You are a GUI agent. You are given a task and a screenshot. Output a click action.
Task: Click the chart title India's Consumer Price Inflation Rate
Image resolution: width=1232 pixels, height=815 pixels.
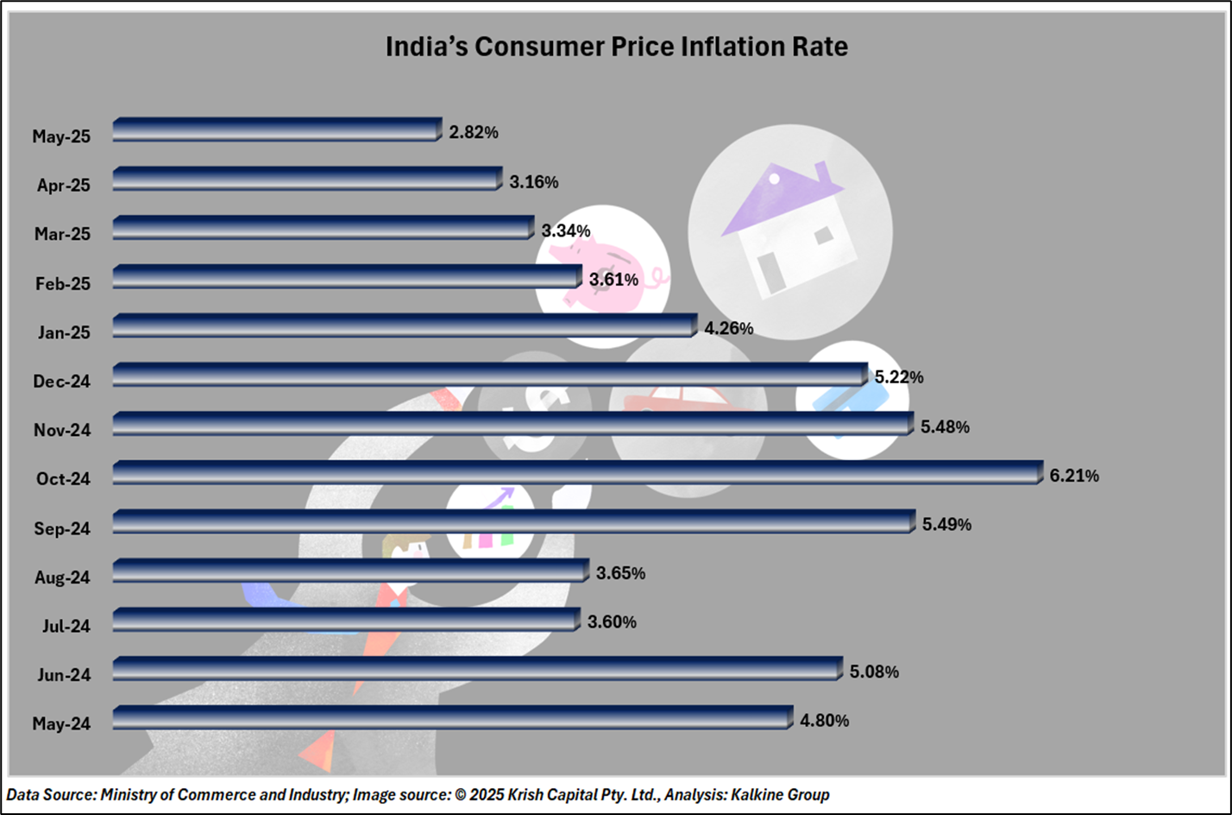point(616,46)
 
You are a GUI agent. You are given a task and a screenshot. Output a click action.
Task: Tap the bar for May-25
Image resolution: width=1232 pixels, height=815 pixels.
point(276,130)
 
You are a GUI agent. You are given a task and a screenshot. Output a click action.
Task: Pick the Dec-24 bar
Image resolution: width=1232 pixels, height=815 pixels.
point(490,375)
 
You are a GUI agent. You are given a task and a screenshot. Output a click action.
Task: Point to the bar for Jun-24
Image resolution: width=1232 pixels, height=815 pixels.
point(477,669)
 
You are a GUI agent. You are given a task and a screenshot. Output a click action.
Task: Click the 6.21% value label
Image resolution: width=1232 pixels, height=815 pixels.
point(1074,476)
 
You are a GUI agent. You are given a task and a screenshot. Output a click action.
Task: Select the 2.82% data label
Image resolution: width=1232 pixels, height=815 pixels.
point(474,132)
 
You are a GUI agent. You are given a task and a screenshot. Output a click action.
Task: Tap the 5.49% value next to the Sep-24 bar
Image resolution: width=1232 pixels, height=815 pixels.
point(946,525)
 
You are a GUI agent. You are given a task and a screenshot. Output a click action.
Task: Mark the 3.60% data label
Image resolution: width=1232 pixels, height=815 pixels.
point(612,622)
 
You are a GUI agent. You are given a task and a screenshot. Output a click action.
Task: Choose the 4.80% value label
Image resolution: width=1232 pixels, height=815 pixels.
point(824,721)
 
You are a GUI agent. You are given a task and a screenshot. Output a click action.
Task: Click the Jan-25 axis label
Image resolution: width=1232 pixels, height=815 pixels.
point(65,332)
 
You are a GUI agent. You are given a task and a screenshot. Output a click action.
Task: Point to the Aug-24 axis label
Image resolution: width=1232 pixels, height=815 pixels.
point(62,578)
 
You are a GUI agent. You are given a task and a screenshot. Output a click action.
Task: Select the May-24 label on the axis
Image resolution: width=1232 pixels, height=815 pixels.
point(61,724)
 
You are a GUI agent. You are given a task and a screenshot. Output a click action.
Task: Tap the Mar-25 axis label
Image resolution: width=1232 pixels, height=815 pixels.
point(63,234)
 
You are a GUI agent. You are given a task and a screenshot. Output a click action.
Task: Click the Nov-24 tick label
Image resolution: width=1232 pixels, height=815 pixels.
point(62,430)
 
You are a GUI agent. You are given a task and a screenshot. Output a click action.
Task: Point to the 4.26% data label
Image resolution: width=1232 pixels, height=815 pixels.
point(728,329)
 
